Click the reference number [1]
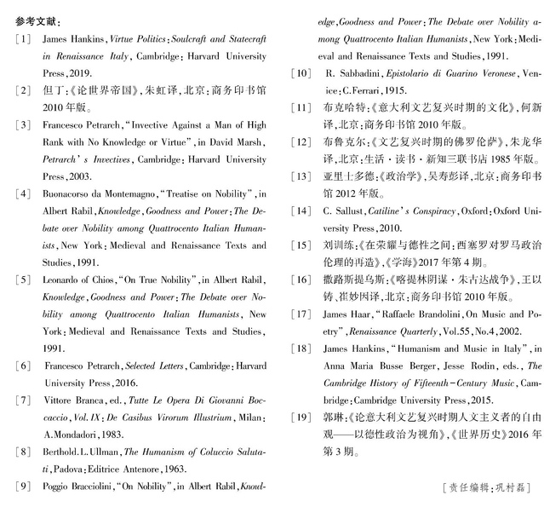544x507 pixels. click(x=23, y=39)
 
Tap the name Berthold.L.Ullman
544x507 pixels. click(x=80, y=451)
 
